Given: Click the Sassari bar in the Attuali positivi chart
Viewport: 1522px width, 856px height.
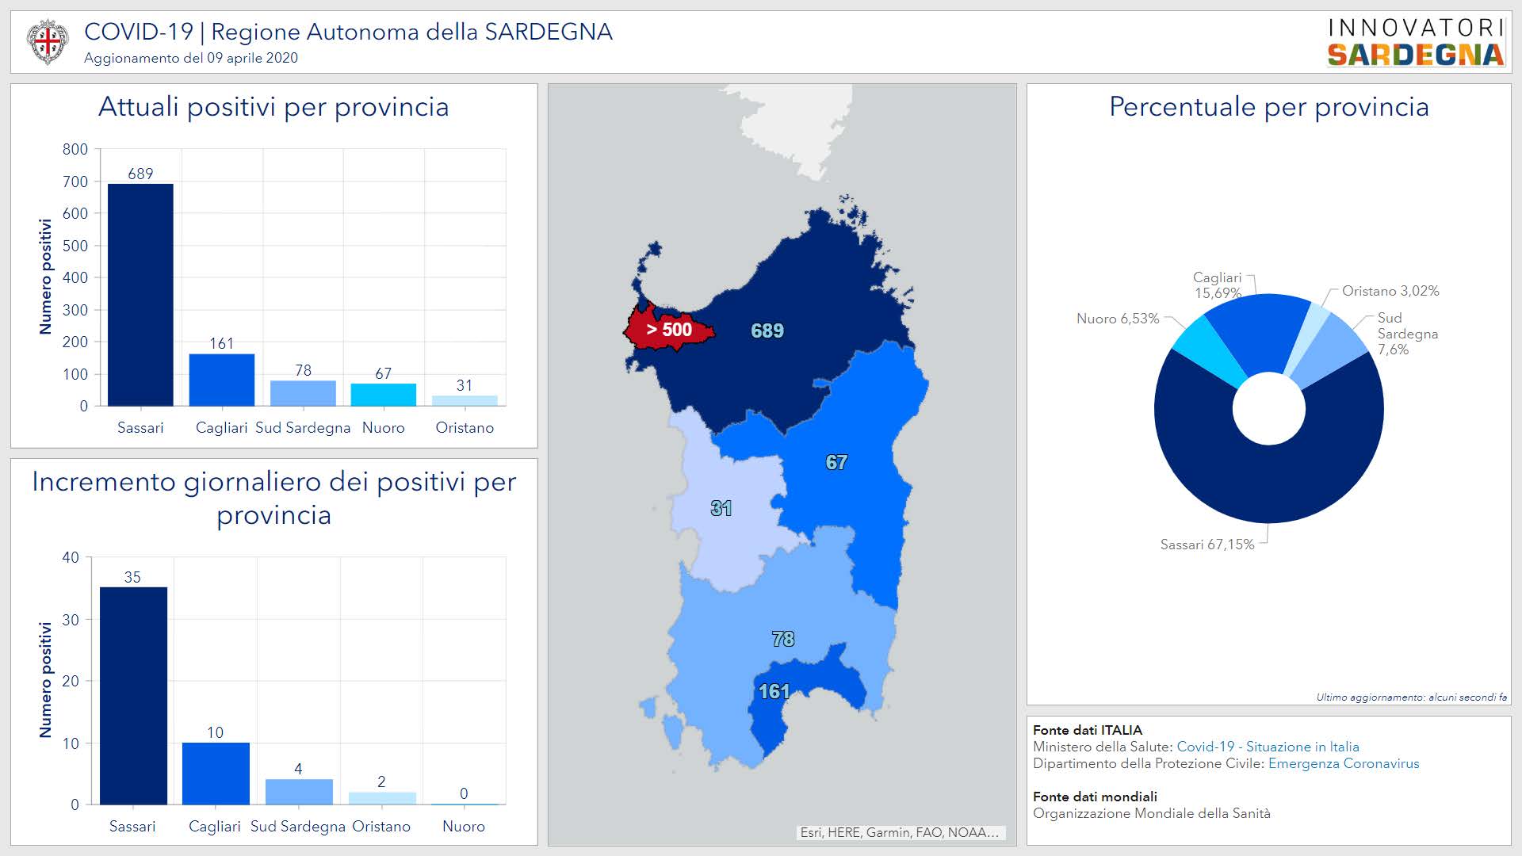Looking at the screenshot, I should [x=140, y=295].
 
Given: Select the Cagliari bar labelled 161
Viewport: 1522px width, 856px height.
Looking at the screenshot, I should [x=222, y=380].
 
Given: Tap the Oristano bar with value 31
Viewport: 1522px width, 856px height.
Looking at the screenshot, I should [x=465, y=400].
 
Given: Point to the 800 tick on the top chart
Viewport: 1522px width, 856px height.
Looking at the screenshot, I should [x=75, y=149].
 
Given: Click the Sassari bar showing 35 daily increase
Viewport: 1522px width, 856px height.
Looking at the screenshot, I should [x=133, y=696].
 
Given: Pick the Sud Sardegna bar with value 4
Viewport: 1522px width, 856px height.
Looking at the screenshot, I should [x=299, y=792].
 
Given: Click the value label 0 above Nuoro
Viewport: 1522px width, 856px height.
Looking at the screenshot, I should [x=464, y=793].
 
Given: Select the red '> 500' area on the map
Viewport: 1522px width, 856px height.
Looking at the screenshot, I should [x=668, y=330].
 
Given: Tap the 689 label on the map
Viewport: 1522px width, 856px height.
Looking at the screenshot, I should [x=767, y=331].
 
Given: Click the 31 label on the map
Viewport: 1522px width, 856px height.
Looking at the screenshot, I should [x=721, y=508].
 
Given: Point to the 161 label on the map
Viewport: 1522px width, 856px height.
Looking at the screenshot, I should [x=774, y=691].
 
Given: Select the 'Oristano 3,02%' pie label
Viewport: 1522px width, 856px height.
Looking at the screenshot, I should [x=1390, y=291].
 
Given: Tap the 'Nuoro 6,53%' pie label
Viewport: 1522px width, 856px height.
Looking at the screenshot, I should [x=1118, y=319].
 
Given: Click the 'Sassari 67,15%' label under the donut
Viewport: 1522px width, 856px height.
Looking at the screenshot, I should [x=1207, y=545].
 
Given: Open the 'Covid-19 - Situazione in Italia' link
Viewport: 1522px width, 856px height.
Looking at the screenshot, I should [x=1268, y=747].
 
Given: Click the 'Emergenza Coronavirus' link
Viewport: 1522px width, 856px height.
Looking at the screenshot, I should [x=1344, y=763].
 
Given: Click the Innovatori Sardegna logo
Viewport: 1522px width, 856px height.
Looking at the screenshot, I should [x=1416, y=42].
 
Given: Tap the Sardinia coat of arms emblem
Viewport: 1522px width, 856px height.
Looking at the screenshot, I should [x=47, y=41].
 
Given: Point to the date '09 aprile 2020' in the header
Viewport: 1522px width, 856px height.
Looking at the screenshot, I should [x=252, y=58].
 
